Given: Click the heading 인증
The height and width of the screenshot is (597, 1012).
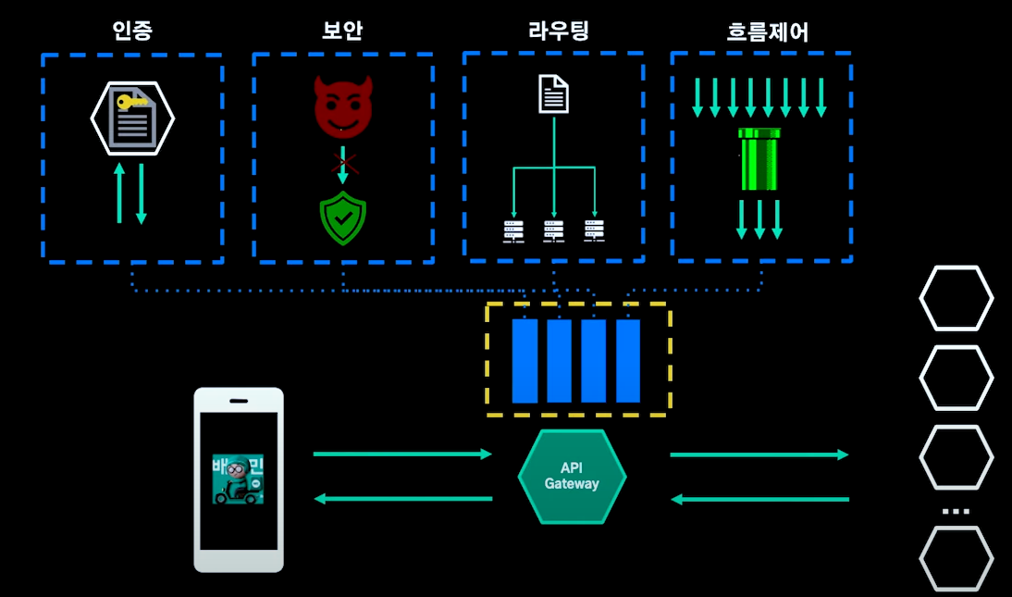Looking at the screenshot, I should (132, 31).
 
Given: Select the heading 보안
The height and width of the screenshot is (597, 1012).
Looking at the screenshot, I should (342, 31).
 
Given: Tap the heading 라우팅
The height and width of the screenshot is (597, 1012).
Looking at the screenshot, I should (553, 31).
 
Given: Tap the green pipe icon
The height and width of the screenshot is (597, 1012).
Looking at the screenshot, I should (759, 158).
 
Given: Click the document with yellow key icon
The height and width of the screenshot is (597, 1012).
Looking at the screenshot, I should (132, 118).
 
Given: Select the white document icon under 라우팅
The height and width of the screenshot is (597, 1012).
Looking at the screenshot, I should (553, 94).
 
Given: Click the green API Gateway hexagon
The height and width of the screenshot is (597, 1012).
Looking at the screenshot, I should (572, 477).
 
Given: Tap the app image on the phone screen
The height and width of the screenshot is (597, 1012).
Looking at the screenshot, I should (238, 479).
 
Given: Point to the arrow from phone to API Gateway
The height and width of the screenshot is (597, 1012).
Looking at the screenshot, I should (402, 454).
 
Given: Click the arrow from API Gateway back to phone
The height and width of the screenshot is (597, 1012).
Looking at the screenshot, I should (402, 499).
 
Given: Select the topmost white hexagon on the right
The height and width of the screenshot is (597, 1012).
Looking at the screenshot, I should (956, 298).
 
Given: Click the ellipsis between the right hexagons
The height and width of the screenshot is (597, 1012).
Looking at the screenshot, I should (956, 511).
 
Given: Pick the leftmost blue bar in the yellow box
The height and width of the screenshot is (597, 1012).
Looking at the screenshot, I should (525, 361).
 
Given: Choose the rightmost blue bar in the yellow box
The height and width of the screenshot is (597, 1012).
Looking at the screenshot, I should (628, 361).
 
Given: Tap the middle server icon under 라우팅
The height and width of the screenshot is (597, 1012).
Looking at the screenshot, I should (553, 231).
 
